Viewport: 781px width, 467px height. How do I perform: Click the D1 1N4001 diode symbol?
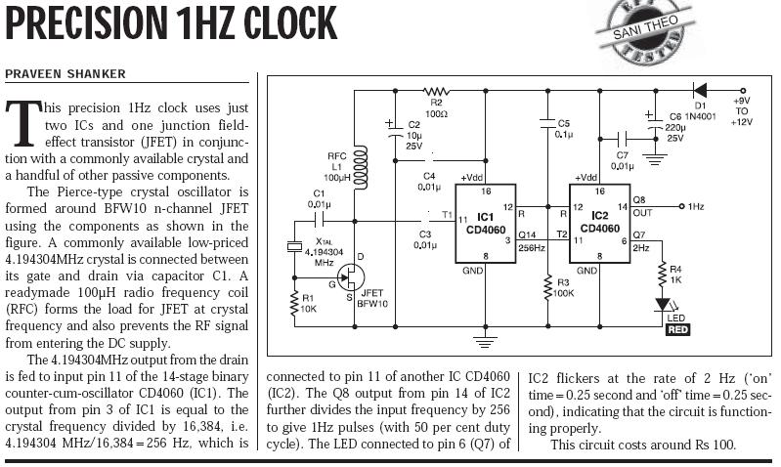point(699,89)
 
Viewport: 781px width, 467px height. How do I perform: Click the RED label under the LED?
point(677,329)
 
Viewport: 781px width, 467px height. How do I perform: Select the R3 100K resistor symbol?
point(544,287)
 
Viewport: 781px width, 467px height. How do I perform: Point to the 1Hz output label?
point(696,206)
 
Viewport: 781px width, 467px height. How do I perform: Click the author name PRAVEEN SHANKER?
point(65,74)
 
